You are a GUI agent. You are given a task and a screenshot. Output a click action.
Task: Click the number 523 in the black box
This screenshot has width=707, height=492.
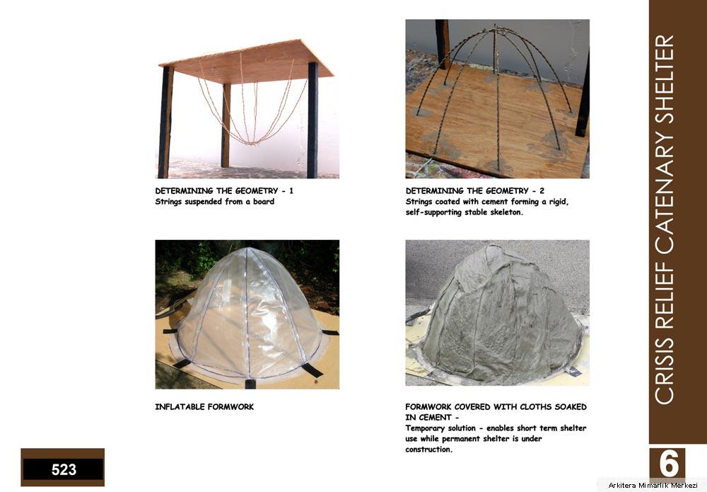[64, 469]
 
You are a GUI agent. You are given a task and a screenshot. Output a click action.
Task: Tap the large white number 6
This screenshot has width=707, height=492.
[668, 464]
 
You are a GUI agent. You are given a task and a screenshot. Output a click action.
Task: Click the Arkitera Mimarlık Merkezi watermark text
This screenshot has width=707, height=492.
[653, 485]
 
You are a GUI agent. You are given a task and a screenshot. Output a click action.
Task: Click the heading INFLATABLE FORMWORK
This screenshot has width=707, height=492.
[204, 406]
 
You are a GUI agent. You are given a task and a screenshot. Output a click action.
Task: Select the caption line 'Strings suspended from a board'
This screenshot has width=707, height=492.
[215, 202]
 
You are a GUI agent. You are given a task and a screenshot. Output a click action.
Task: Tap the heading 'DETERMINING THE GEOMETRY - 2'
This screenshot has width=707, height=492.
[475, 191]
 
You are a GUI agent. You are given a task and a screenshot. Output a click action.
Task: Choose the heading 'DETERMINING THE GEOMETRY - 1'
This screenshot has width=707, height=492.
[224, 191]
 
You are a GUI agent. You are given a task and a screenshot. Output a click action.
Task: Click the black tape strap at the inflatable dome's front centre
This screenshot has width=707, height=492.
[250, 384]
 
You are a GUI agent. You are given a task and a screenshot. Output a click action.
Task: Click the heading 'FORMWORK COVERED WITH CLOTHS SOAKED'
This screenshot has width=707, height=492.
[496, 406]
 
